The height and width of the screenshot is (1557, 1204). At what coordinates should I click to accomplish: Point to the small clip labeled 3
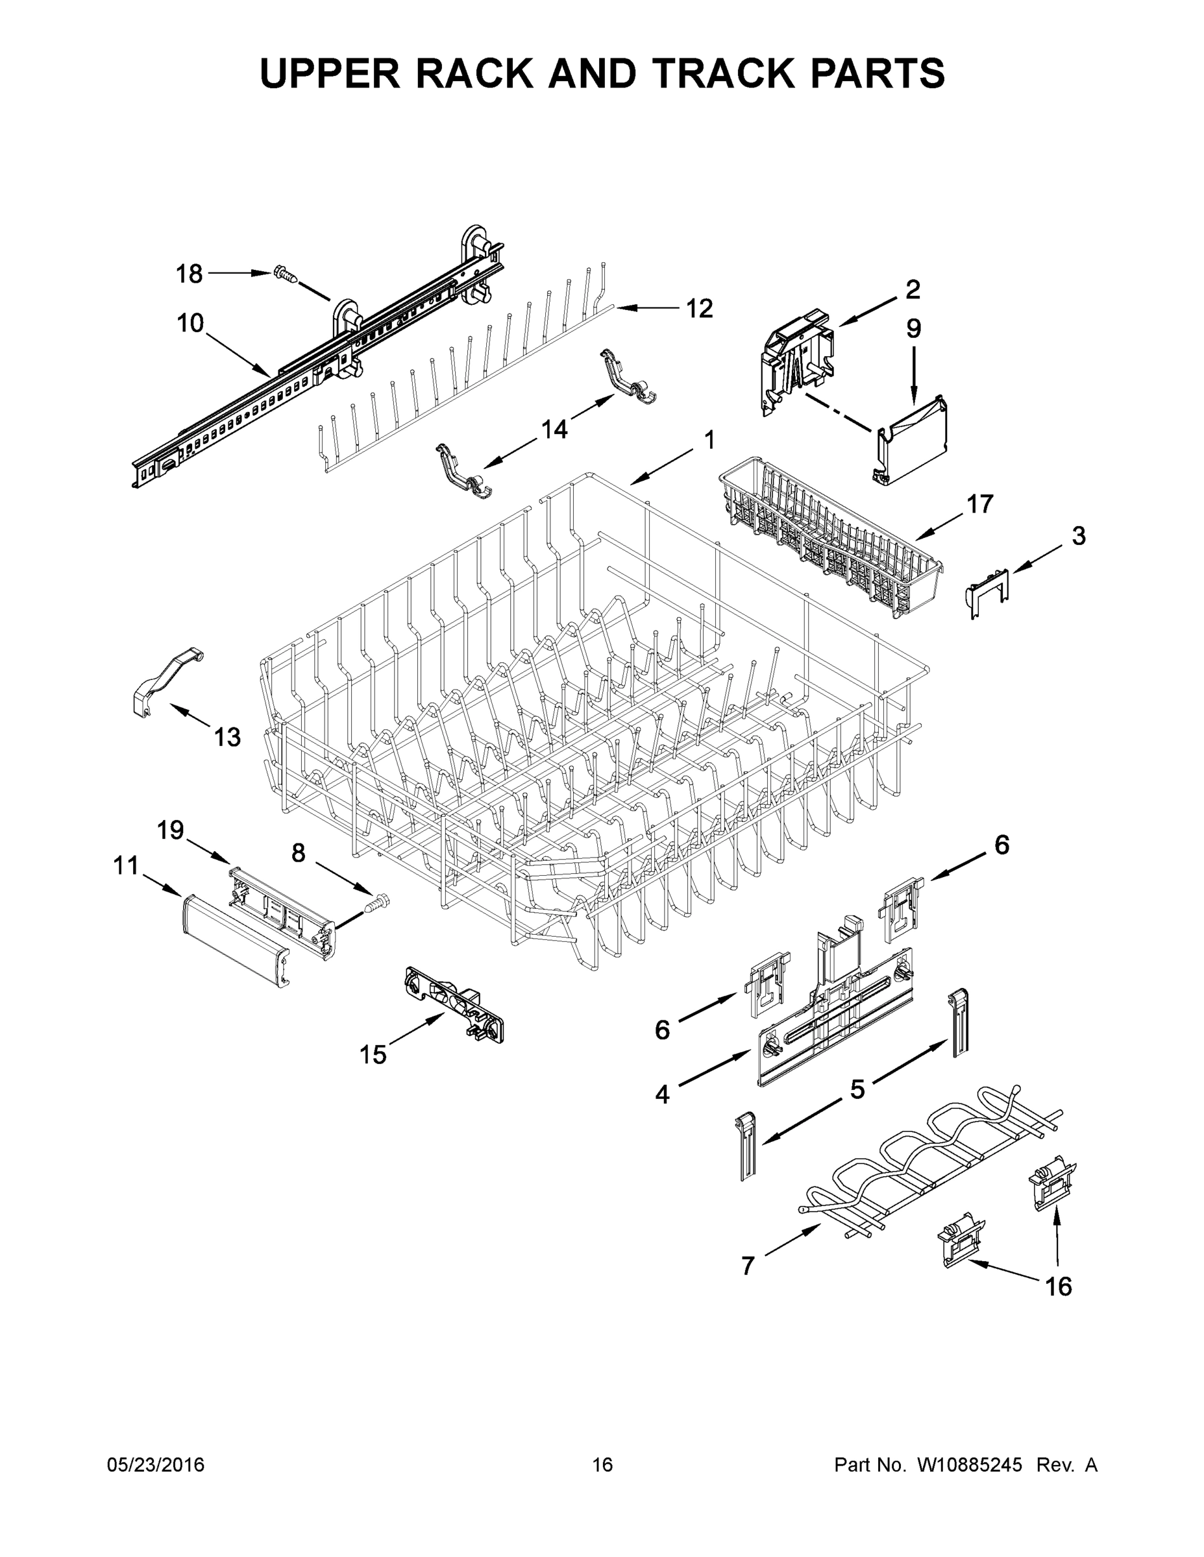pos(987,590)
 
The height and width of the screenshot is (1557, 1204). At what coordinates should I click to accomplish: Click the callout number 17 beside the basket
pos(980,504)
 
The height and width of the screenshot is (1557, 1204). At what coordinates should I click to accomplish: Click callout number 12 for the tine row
pos(699,309)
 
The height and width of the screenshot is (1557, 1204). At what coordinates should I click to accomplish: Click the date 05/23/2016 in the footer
pos(156,1464)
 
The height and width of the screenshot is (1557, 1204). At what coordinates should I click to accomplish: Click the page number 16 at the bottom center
pos(602,1464)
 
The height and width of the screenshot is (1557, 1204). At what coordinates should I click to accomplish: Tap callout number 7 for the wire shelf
pos(748,1266)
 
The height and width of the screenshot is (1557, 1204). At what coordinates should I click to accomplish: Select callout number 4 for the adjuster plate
pos(663,1094)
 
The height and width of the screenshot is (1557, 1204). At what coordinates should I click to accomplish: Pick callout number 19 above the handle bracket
pos(171,830)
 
